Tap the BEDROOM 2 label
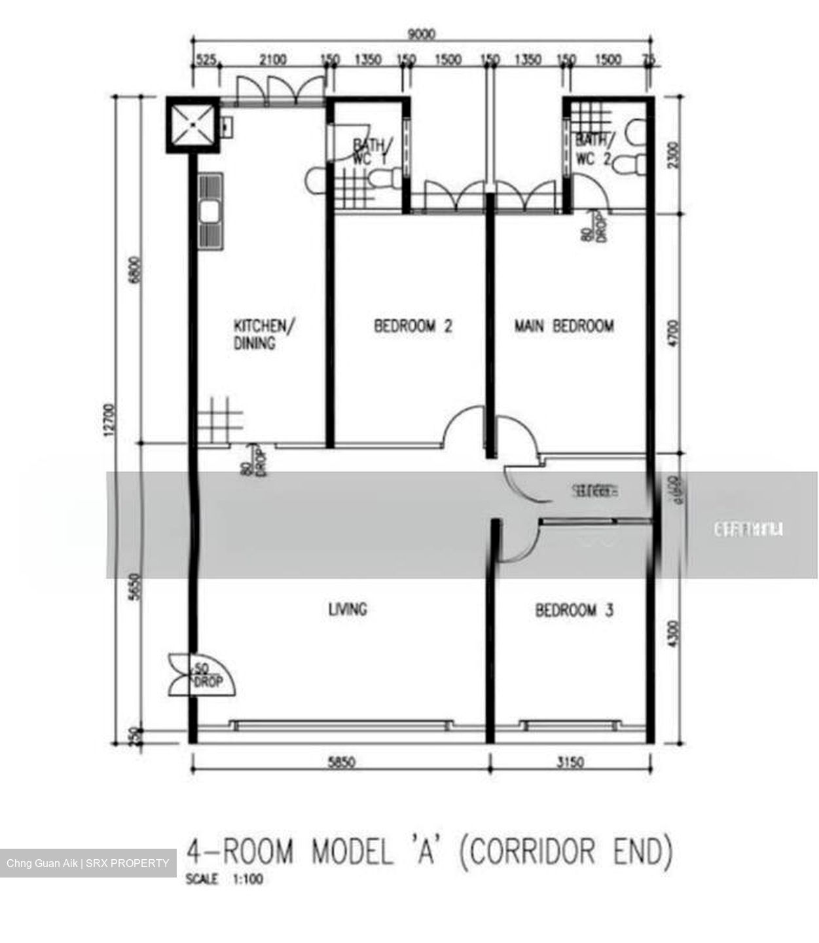pos(412,325)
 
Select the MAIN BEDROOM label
pos(564,325)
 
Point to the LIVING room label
pos(347,610)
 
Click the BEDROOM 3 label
pos(574,610)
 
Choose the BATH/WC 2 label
pos(594,149)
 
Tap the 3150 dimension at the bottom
pos(570,762)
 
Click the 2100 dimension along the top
pos(272,60)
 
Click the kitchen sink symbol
pos(211,212)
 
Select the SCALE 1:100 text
pos(225,879)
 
